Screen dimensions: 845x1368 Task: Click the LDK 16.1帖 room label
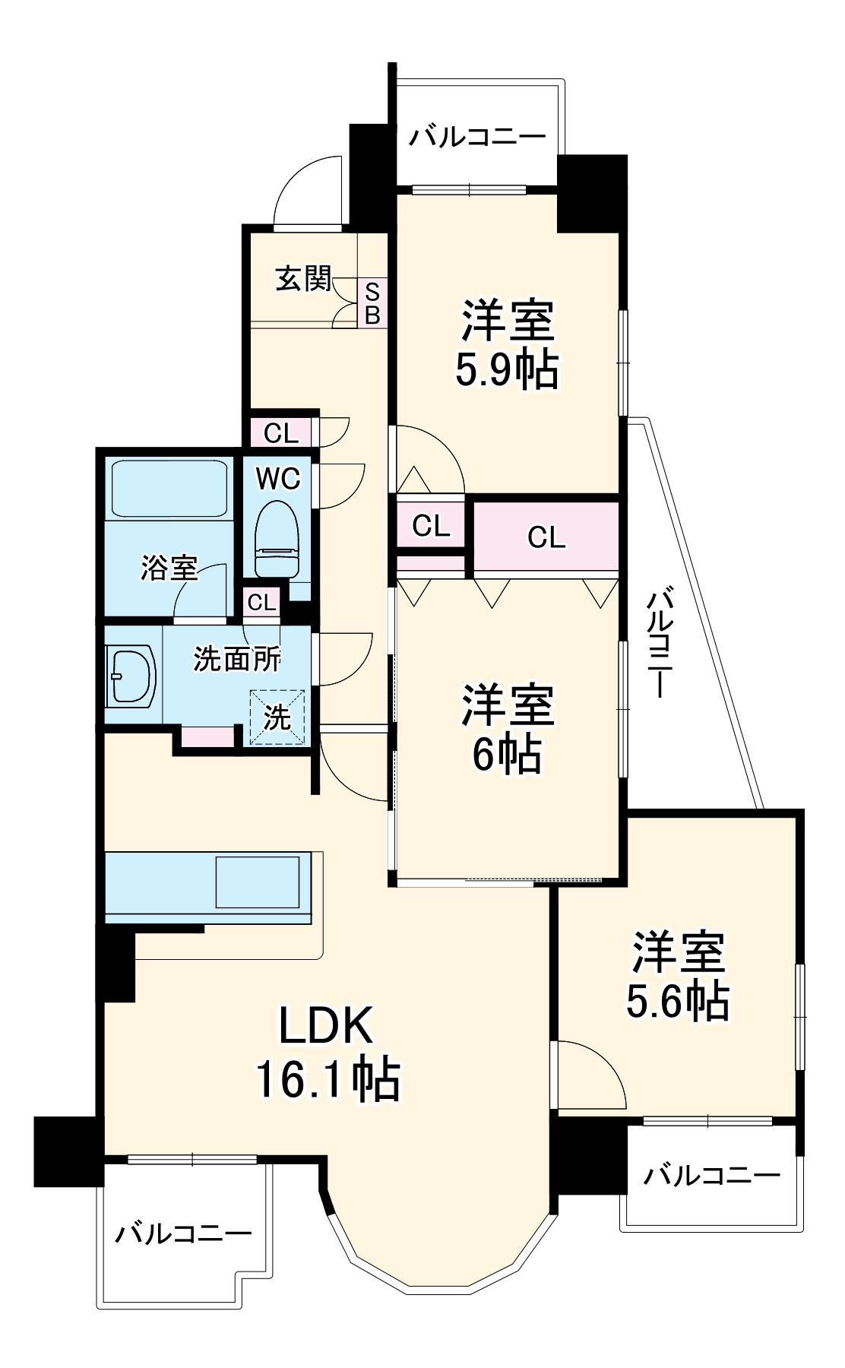[328, 1053]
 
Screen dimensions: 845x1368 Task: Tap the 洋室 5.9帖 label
[508, 344]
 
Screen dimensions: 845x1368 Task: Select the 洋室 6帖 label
[508, 728]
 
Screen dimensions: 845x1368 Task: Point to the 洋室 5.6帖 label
[678, 976]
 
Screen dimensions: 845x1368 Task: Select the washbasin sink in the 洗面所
[132, 675]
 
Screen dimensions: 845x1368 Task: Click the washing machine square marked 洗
[277, 717]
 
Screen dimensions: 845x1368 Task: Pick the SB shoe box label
[372, 302]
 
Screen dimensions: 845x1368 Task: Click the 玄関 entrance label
[303, 278]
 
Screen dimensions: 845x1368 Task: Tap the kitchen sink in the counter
[258, 882]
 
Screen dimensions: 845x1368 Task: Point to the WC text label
[277, 479]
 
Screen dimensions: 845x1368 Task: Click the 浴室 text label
[169, 568]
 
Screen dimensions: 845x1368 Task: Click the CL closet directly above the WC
[280, 433]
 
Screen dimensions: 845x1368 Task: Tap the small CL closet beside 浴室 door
[262, 603]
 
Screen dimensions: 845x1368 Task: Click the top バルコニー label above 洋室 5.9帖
[478, 137]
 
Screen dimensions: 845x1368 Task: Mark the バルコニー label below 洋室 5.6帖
[712, 1176]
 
